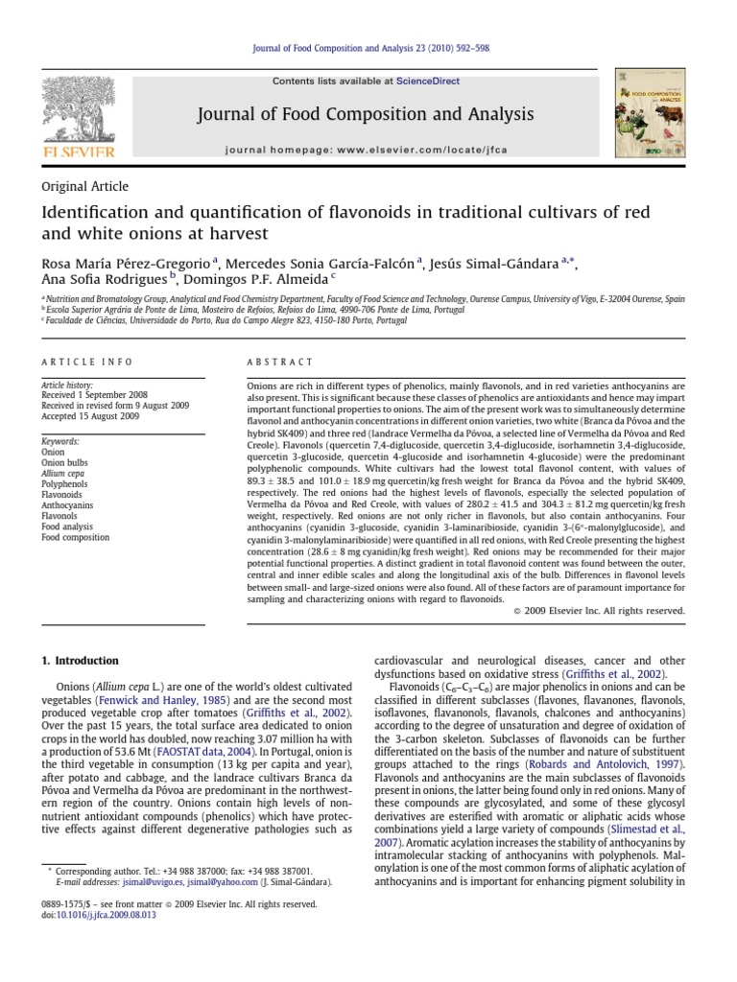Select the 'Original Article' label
[84, 186]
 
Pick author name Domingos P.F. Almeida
[257, 280]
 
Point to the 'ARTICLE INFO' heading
[80, 362]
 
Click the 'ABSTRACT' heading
[280, 362]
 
